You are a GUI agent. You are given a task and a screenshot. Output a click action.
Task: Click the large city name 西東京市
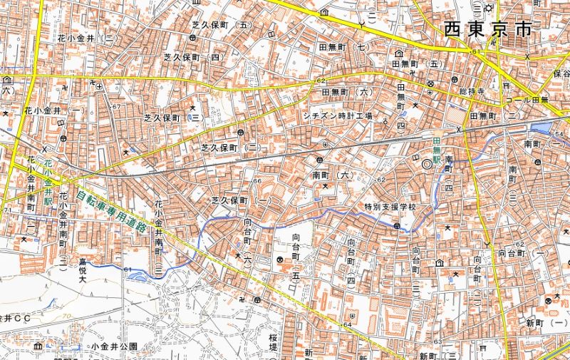(x=487, y=29)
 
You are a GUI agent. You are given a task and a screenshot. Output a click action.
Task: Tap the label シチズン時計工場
(x=338, y=115)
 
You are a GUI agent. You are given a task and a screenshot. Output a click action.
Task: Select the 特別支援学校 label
(x=389, y=207)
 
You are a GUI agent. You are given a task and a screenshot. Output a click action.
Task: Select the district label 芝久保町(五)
(x=223, y=25)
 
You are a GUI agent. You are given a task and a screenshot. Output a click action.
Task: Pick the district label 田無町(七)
(x=343, y=48)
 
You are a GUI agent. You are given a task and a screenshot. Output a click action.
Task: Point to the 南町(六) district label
(x=333, y=174)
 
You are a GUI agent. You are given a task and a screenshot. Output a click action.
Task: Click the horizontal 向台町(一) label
(x=523, y=253)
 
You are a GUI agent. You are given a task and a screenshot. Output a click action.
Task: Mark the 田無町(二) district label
(x=492, y=115)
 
